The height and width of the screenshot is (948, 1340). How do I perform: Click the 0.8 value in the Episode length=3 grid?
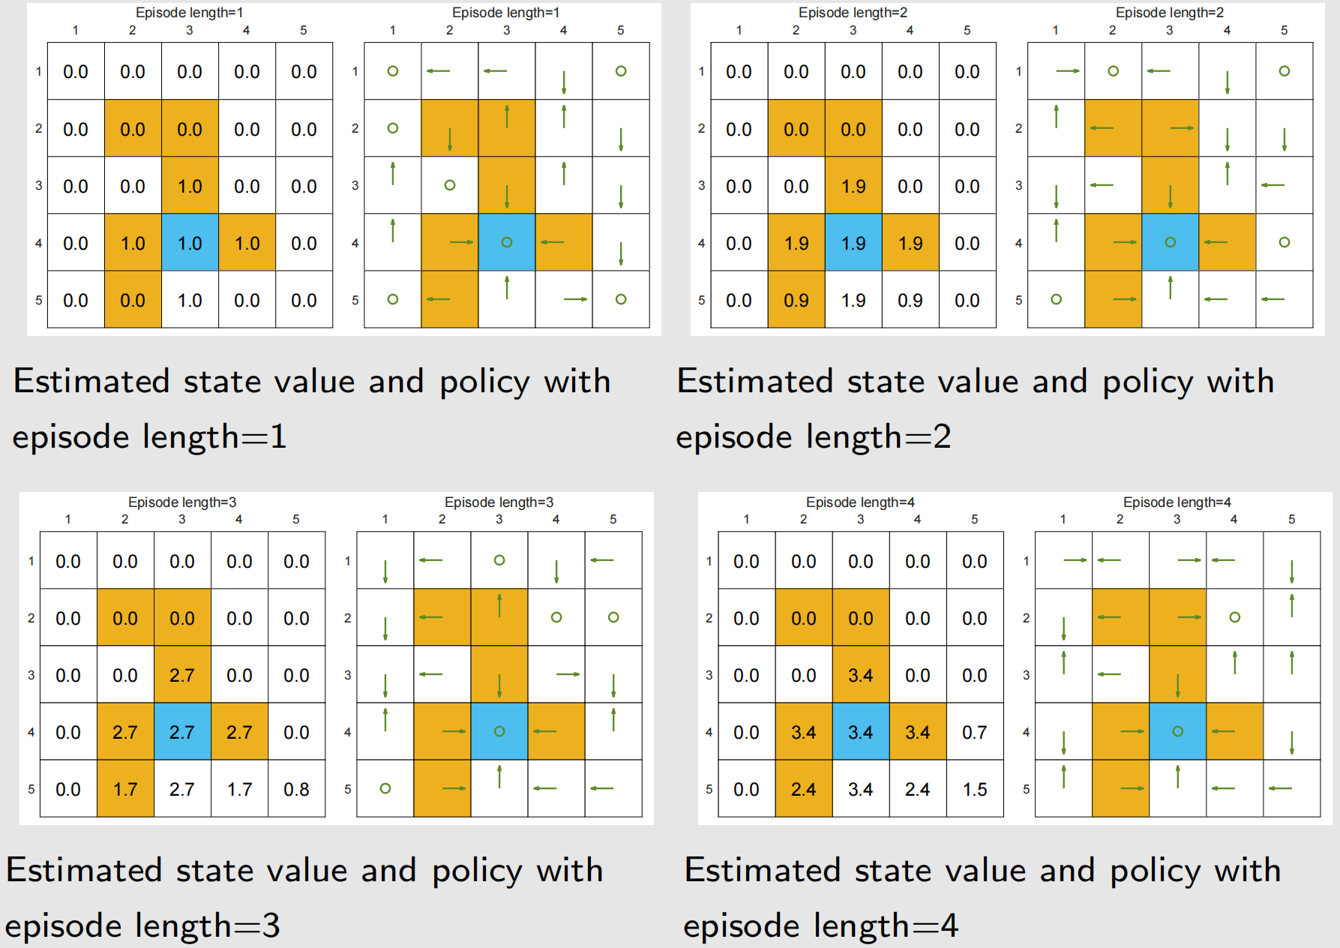pos(296,789)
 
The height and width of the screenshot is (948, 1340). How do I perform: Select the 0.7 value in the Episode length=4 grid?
pos(975,732)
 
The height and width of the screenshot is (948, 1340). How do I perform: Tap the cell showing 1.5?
pos(975,789)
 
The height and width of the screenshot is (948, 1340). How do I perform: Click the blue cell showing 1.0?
pos(190,242)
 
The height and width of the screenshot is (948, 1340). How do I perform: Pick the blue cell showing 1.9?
pos(853,242)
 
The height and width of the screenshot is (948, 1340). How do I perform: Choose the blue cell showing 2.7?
pos(182,731)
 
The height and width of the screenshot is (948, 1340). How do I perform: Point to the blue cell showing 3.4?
pos(861,731)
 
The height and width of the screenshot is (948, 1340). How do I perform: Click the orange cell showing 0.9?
pos(796,299)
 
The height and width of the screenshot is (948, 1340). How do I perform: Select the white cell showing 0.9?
pos(910,299)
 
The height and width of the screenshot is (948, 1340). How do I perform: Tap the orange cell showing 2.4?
pos(804,788)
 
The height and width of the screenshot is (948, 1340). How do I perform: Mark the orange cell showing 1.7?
pos(125,788)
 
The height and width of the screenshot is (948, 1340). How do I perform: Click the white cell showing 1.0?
pos(190,299)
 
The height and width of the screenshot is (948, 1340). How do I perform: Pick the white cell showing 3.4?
pos(861,788)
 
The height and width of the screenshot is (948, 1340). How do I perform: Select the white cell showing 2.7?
pos(182,788)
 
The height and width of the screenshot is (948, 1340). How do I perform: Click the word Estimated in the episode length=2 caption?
pos(755,381)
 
